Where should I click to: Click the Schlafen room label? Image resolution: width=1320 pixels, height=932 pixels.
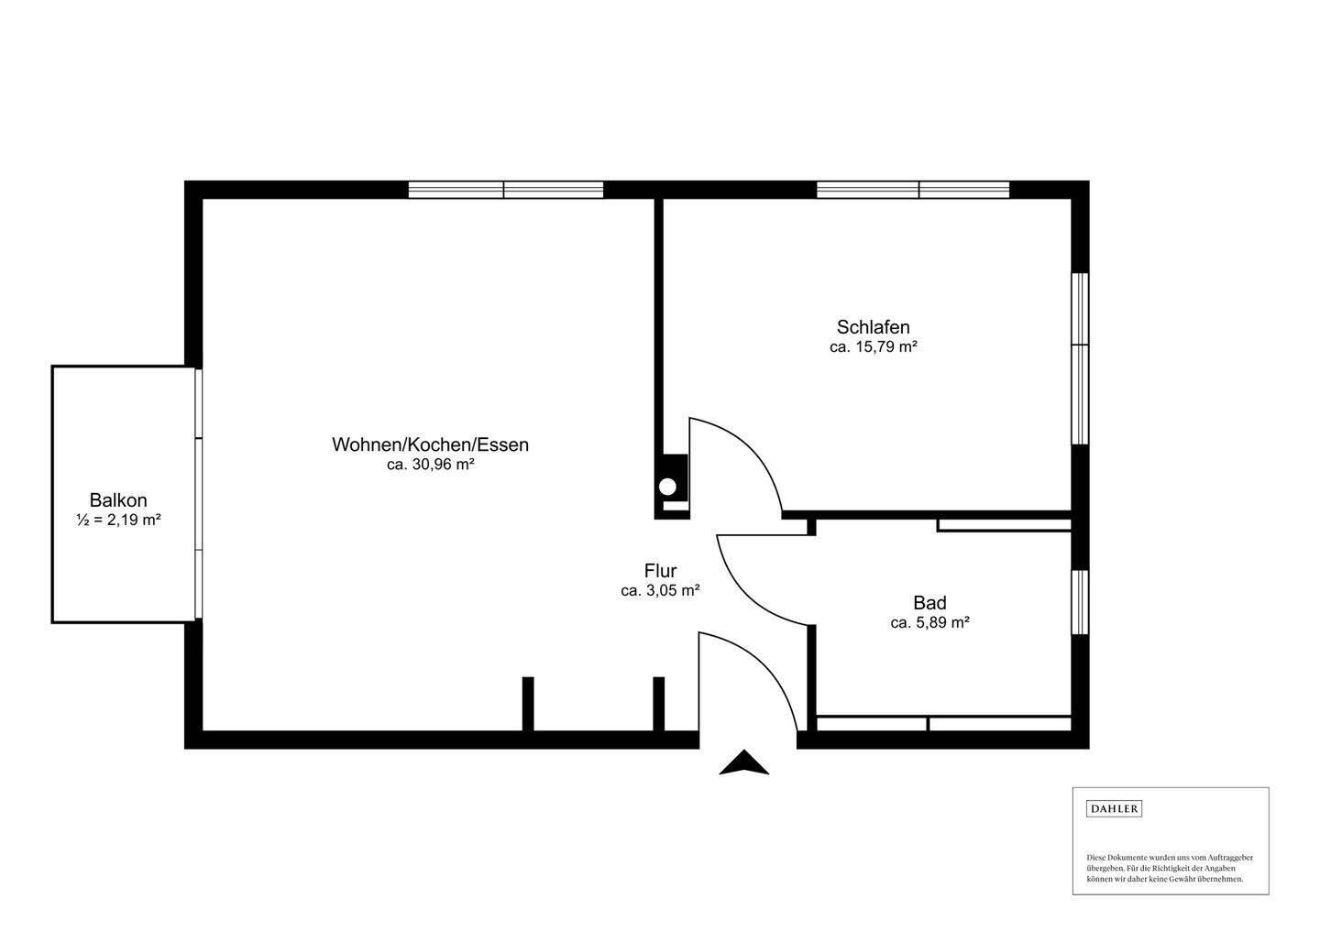click(873, 327)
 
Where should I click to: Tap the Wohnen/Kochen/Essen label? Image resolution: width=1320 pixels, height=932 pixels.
click(430, 444)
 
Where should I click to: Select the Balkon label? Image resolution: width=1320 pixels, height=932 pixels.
click(118, 500)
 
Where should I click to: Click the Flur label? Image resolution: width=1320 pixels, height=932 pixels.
click(660, 572)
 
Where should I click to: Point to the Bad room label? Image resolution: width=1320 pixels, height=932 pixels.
click(929, 603)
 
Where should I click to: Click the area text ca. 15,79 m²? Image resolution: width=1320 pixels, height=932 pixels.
click(873, 347)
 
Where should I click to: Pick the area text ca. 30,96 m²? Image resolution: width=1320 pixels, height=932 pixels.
click(430, 465)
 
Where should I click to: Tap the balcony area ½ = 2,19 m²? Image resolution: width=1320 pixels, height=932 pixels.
click(118, 521)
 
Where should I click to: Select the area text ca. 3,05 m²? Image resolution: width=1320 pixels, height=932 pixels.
click(660, 591)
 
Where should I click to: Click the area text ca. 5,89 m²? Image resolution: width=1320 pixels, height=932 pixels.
click(929, 622)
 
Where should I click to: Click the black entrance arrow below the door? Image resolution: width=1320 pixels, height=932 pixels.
click(743, 763)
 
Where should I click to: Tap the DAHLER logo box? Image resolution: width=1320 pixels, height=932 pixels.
click(1114, 808)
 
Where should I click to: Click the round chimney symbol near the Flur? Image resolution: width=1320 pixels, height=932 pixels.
click(670, 487)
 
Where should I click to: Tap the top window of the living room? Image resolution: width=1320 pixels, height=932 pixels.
click(505, 190)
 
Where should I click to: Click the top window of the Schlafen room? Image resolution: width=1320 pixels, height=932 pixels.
click(913, 190)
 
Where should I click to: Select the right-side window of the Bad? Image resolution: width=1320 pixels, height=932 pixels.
click(1081, 601)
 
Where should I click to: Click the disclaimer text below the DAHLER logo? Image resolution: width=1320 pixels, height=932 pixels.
click(1170, 868)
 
